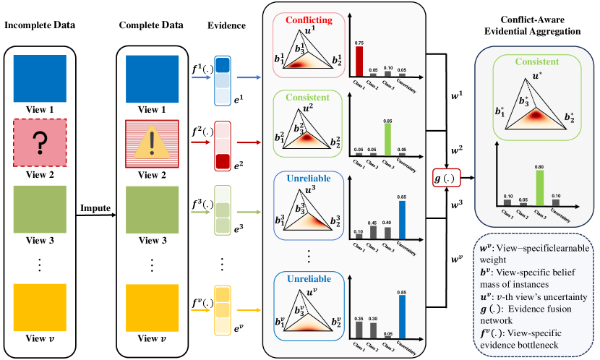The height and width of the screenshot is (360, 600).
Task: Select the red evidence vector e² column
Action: point(222,149)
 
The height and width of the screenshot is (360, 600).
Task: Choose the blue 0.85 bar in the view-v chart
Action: point(401,317)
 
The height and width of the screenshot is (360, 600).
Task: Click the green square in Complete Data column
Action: point(151,207)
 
